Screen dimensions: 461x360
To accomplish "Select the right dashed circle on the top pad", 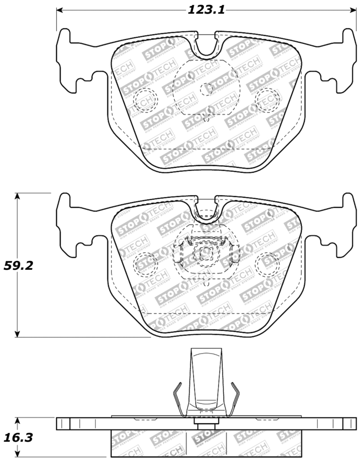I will click(267, 98).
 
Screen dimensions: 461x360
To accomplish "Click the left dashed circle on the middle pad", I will click(145, 262).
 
